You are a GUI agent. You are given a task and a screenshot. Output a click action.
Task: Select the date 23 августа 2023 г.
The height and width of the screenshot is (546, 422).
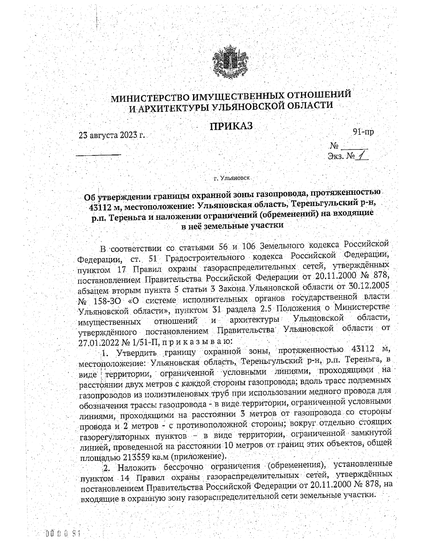[112, 135]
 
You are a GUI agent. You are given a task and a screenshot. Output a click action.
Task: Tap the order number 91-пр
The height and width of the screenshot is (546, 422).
[363, 132]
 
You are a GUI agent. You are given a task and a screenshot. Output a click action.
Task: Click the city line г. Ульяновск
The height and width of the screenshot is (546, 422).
[232, 178]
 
